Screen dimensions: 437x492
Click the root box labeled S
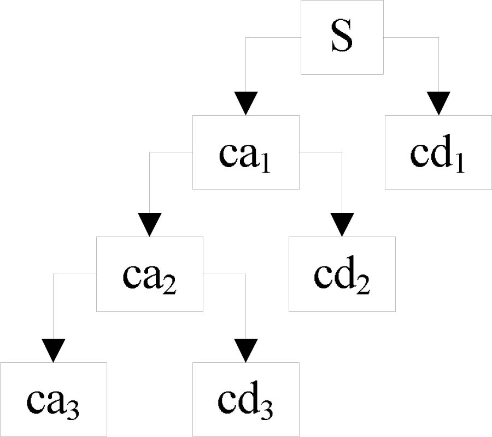[342, 37]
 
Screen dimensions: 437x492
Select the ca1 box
[245, 152]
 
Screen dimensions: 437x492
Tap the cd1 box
[438, 152]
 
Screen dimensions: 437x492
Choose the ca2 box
[150, 274]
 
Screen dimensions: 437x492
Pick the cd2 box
[342, 274]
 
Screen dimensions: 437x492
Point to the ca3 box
[53, 399]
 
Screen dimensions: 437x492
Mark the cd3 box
[245, 399]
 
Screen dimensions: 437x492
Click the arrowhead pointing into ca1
[245, 103]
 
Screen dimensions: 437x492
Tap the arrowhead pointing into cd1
[438, 103]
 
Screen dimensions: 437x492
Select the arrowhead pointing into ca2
[150, 225]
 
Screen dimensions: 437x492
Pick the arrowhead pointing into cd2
[342, 225]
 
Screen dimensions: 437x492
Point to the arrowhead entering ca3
[53, 350]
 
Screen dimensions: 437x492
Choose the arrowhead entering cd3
[245, 350]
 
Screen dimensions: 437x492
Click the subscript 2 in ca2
[169, 284]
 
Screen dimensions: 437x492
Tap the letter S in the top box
[342, 37]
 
